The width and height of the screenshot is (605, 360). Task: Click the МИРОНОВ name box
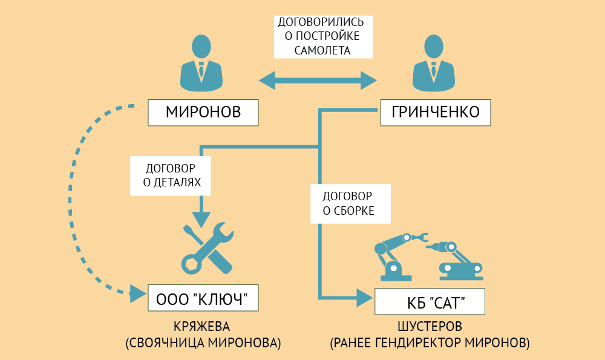203,112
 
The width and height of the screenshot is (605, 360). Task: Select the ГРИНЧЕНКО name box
435,112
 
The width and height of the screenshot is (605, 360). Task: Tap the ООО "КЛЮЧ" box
203,299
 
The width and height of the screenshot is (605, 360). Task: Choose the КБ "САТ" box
429,301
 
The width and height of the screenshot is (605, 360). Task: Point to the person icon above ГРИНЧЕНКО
433,63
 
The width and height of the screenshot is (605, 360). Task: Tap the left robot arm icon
396,254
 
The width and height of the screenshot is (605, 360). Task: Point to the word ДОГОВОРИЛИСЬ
322,22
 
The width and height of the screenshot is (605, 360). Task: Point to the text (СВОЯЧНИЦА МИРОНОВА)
203,343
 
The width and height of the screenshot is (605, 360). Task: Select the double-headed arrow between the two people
318,80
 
